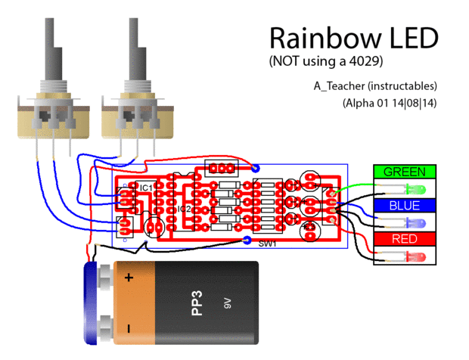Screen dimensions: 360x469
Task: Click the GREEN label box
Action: tap(405, 172)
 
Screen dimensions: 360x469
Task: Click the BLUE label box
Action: tap(405, 206)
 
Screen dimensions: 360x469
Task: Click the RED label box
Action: tap(405, 240)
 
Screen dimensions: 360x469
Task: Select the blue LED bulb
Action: tap(415, 223)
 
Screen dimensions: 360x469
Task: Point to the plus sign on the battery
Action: tap(129, 278)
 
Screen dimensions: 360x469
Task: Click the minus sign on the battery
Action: tap(129, 328)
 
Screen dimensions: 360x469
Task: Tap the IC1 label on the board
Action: tap(146, 187)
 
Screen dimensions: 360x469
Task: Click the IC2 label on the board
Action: tap(184, 209)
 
